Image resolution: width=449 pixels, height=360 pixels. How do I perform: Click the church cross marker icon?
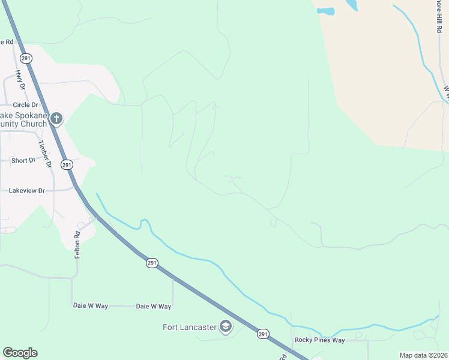click(x=56, y=118)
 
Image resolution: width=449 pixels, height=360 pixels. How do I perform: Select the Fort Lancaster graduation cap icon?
click(x=226, y=326)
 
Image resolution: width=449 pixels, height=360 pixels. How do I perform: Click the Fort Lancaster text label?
click(x=190, y=327)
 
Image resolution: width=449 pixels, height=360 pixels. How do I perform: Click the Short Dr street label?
click(x=23, y=161)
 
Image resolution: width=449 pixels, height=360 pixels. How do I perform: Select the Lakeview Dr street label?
click(x=27, y=190)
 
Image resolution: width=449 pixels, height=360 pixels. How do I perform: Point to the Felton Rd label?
click(x=77, y=245)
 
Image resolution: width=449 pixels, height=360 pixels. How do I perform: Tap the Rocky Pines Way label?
click(x=319, y=340)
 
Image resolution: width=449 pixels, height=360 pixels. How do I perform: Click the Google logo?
click(x=20, y=353)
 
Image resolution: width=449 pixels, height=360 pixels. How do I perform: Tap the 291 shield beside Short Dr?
click(x=67, y=164)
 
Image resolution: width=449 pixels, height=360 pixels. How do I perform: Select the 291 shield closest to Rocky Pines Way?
click(x=263, y=334)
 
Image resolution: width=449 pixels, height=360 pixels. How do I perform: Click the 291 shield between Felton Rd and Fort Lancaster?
click(x=151, y=262)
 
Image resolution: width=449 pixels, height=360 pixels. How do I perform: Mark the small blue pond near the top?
click(x=325, y=11)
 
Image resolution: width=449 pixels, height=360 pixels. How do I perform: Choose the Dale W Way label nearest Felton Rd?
click(x=90, y=306)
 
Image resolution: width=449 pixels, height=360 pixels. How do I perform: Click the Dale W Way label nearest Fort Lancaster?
click(x=154, y=307)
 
